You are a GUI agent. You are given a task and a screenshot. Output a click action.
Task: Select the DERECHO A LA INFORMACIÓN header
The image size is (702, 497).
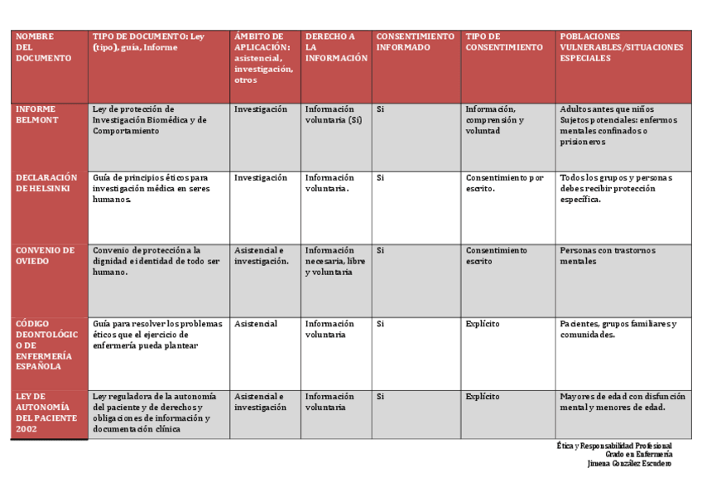[x=335, y=47]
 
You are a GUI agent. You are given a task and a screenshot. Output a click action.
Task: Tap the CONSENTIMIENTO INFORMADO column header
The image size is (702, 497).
[x=415, y=42]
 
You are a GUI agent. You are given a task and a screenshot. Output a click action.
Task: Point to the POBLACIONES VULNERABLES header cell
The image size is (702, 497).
[x=621, y=47]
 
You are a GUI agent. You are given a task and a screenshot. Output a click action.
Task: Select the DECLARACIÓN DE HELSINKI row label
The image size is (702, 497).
[x=46, y=183]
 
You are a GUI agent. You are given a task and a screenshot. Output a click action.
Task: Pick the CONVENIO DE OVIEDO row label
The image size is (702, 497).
[x=45, y=255]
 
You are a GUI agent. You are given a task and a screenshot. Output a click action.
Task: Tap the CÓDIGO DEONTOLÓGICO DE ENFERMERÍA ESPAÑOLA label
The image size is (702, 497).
[x=46, y=345]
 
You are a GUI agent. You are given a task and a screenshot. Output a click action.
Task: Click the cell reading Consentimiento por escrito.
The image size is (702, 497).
[x=504, y=183]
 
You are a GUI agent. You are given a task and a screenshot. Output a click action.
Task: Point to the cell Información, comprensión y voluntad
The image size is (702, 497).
[x=495, y=120]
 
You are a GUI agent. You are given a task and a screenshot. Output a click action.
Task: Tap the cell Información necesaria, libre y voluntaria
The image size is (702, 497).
[x=334, y=261]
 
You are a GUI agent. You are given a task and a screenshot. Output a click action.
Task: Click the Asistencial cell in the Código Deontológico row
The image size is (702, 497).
[x=255, y=324]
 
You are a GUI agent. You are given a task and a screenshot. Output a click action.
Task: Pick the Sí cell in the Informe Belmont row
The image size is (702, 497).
[x=381, y=109]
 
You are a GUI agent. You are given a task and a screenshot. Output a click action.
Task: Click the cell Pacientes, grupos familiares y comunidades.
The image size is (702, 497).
[x=618, y=329]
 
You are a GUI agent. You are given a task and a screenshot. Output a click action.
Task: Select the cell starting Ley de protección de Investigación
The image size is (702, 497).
[x=150, y=120]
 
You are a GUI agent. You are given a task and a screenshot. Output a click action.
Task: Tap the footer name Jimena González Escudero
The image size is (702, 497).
[x=628, y=464]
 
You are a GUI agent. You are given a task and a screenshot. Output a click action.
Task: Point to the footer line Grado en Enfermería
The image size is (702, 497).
[x=638, y=455]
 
